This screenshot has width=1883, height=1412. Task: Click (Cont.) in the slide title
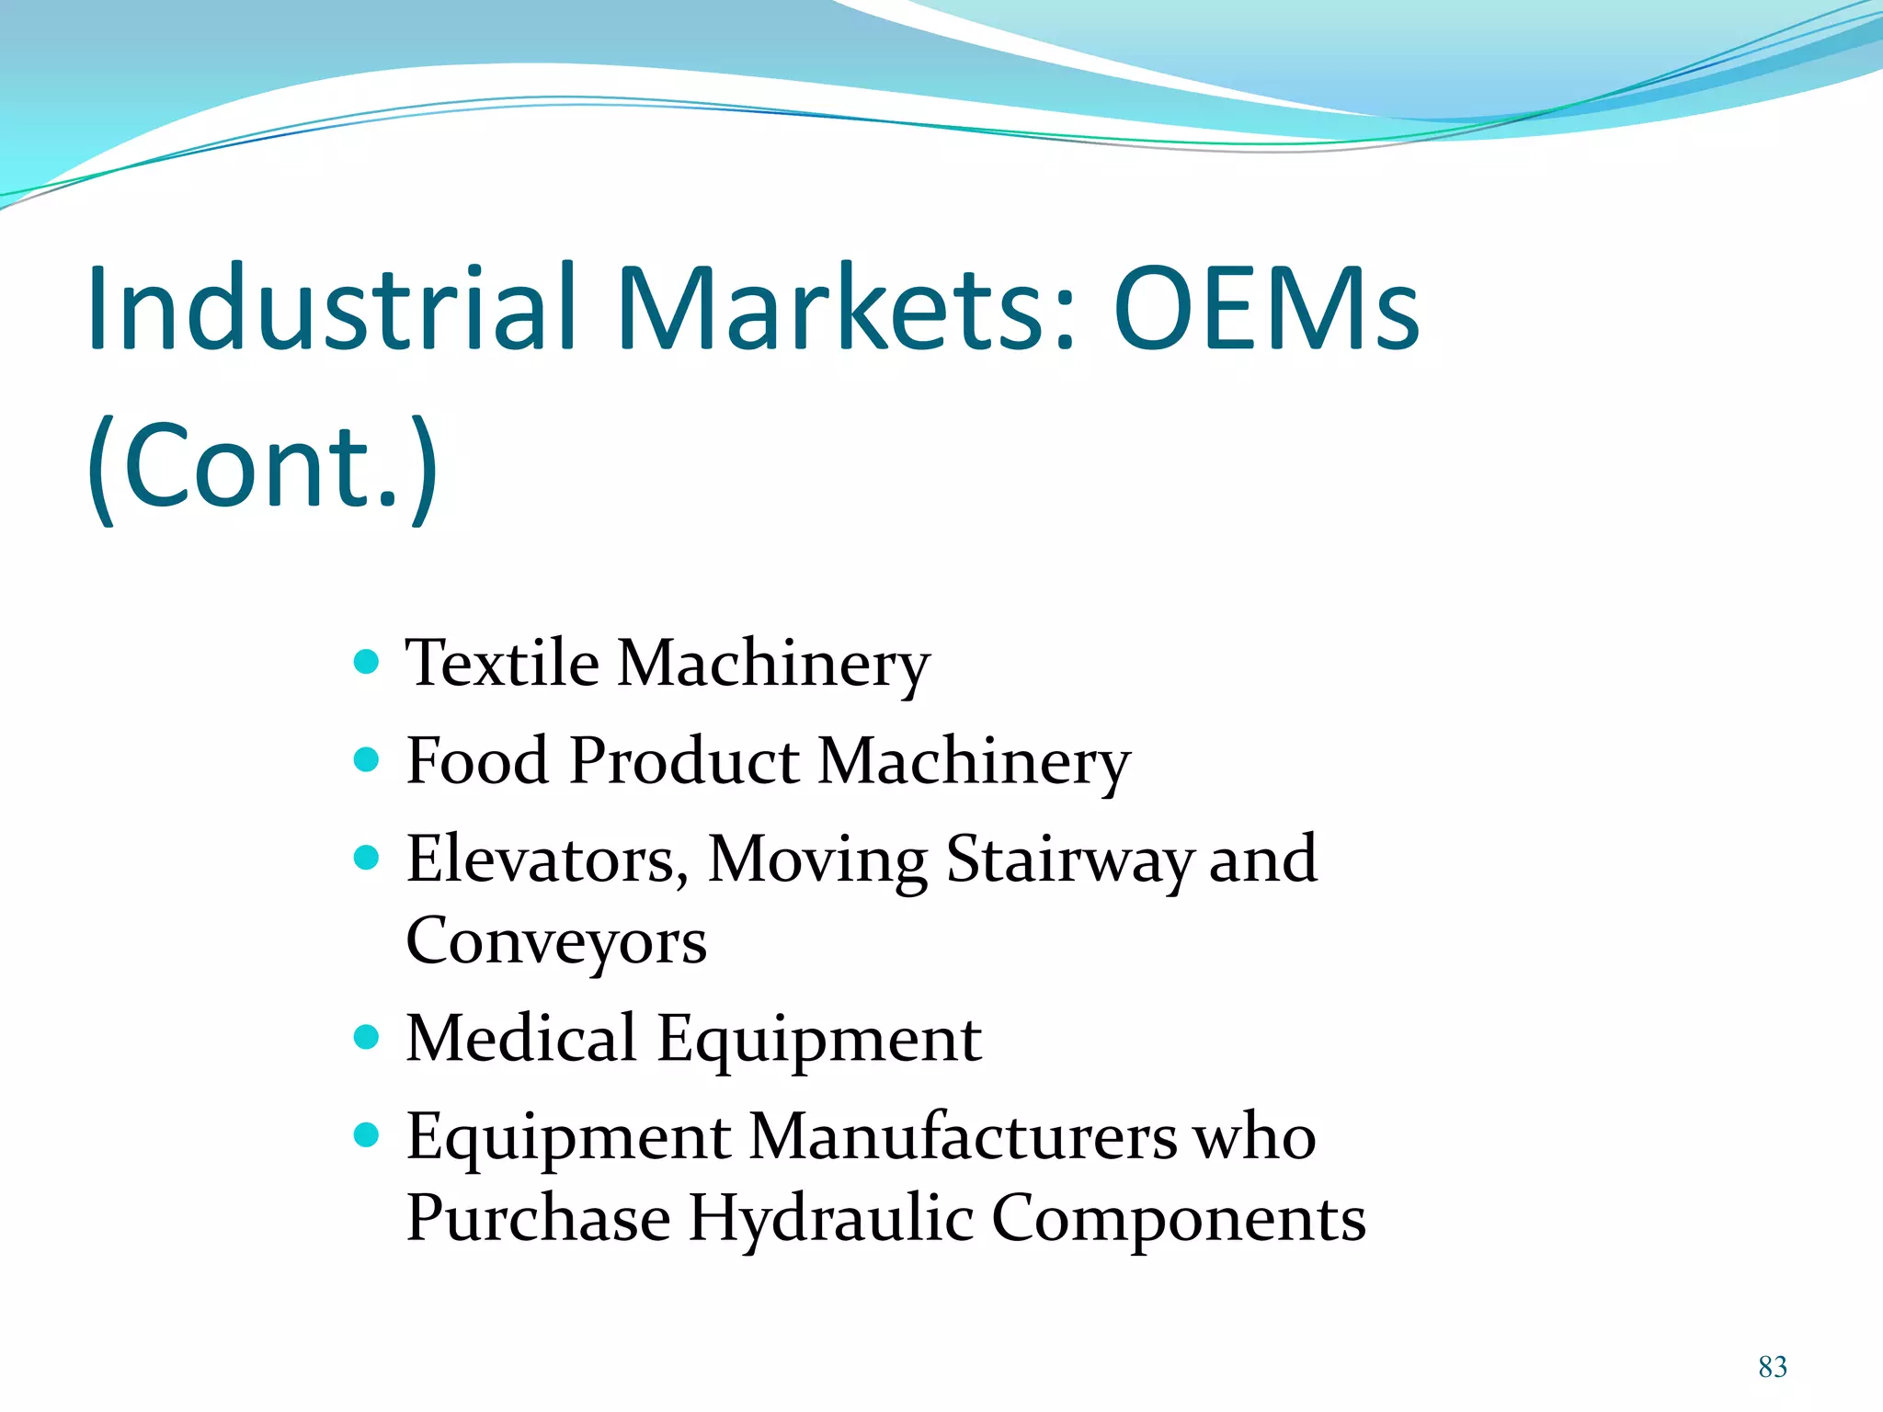pos(263,466)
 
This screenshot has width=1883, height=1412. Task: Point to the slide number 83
pos(1773,1367)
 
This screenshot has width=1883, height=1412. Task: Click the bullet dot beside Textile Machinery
pos(366,662)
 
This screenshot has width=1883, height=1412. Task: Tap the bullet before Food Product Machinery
pos(366,760)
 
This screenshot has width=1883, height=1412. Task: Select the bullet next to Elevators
pos(366,858)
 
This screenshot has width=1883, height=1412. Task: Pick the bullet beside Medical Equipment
pos(366,1038)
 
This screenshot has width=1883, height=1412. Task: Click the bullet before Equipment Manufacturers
pos(366,1136)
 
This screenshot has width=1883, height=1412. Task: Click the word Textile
pos(503,663)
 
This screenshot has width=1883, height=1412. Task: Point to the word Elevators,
pos(547,860)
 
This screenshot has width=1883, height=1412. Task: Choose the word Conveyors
pos(556,942)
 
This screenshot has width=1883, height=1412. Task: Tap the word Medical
pos(521,1039)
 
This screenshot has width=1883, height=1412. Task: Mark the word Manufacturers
pos(963,1137)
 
